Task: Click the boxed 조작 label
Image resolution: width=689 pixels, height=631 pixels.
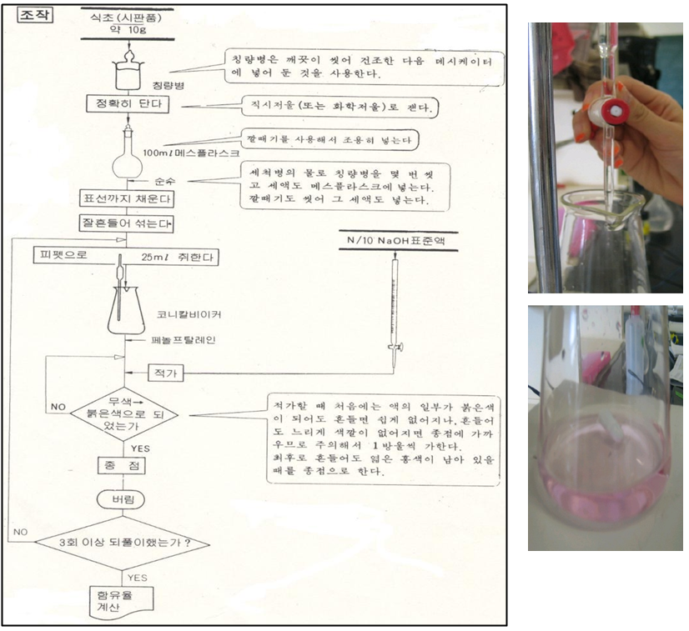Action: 34,16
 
